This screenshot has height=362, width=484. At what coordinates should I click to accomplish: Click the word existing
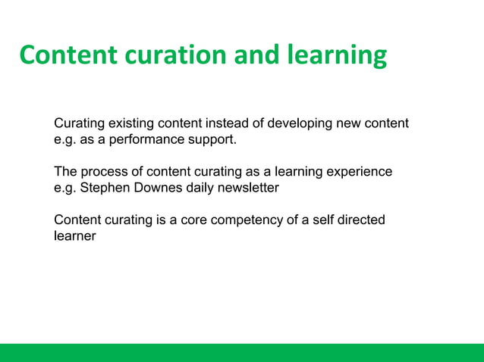click(131, 123)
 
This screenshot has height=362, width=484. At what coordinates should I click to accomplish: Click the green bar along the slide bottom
click(242, 352)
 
